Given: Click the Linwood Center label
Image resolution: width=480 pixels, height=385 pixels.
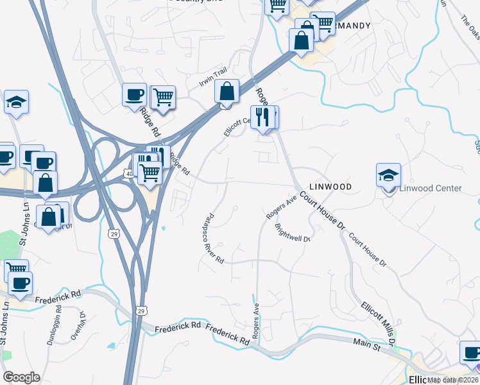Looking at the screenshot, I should tap(431, 188).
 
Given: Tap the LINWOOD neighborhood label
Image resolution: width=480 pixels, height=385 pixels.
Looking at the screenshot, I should tap(330, 186).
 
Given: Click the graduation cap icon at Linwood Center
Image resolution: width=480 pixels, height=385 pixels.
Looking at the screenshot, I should tap(388, 175).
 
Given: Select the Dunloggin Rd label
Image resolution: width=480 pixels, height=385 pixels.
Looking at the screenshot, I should tap(55, 327).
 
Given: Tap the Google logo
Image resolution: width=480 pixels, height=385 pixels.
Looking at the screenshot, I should tap(21, 377).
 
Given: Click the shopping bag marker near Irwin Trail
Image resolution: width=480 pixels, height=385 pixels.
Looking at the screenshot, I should tap(227, 91).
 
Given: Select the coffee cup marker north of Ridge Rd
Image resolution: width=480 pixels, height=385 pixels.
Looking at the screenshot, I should tap(134, 95).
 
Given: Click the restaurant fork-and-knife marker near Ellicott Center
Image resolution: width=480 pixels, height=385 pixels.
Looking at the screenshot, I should tap(263, 117).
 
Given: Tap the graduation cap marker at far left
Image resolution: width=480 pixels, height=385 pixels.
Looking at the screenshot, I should tap(16, 102).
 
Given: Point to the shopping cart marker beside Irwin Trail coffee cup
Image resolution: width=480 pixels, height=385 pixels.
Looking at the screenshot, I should tap(163, 98).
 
